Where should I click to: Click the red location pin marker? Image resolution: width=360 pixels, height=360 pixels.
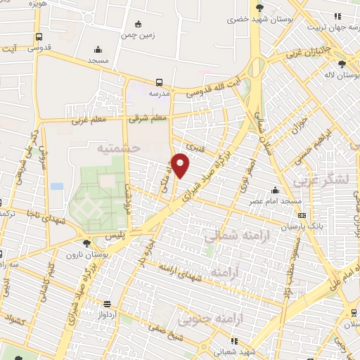pyautogui.click(x=181, y=165)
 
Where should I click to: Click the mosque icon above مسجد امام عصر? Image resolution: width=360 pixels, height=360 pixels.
pyautogui.click(x=274, y=191)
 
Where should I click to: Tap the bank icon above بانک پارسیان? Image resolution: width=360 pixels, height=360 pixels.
pyautogui.click(x=302, y=216)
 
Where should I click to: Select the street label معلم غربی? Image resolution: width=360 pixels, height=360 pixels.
pyautogui.click(x=88, y=120)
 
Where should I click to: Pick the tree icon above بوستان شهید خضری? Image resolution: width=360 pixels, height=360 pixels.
pyautogui.click(x=260, y=8)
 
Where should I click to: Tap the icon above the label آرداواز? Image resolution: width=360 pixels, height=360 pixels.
pyautogui.click(x=107, y=304)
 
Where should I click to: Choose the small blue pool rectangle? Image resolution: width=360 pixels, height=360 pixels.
pyautogui.click(x=57, y=186)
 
